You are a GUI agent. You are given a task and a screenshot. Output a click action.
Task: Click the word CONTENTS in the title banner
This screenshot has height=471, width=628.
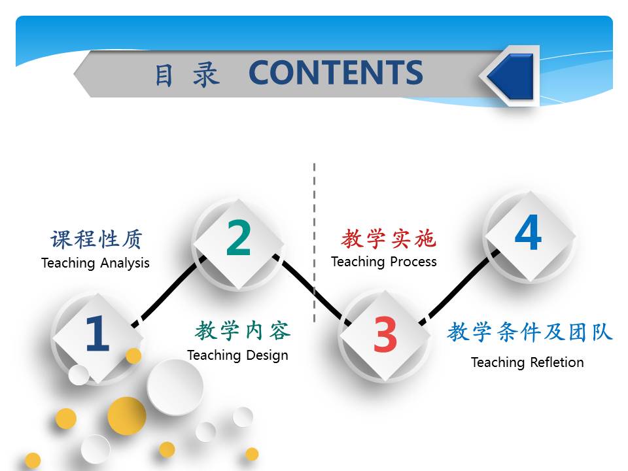pos(336,73)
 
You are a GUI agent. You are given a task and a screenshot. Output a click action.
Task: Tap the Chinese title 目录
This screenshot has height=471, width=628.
pos(187,75)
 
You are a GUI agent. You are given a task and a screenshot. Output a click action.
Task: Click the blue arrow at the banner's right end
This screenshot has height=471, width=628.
pos(511,76)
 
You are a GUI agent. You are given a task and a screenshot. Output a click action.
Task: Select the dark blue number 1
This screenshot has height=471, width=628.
pos(97,333)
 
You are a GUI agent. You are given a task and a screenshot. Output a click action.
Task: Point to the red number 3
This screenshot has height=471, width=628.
pos(385,334)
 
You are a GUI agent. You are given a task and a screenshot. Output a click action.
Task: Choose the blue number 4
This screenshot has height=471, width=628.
pos(529,232)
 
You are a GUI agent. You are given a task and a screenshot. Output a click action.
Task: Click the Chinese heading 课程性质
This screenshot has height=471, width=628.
pos(96,239)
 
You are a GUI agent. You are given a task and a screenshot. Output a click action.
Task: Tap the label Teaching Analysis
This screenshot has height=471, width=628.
pos(96,263)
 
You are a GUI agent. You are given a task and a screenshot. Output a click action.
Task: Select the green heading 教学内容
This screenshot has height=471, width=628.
pos(243,331)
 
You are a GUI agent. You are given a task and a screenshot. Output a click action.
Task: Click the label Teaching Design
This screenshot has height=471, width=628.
pos(237,355)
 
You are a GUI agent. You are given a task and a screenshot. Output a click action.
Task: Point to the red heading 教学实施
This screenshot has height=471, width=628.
pos(388,238)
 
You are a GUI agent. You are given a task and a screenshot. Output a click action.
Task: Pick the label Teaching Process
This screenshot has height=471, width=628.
pos(384,262)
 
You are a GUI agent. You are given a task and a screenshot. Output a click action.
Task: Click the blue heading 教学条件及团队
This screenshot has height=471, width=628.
pos(529,332)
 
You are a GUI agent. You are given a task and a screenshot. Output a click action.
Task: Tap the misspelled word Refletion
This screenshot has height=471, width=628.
pos(557,362)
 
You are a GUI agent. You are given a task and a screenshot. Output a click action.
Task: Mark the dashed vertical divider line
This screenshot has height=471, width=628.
pos(315,242)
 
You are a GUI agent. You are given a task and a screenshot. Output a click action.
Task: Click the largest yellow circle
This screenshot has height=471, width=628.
pos(126,416)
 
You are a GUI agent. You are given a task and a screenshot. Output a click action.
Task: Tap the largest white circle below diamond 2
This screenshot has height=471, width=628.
pos(175,387)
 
